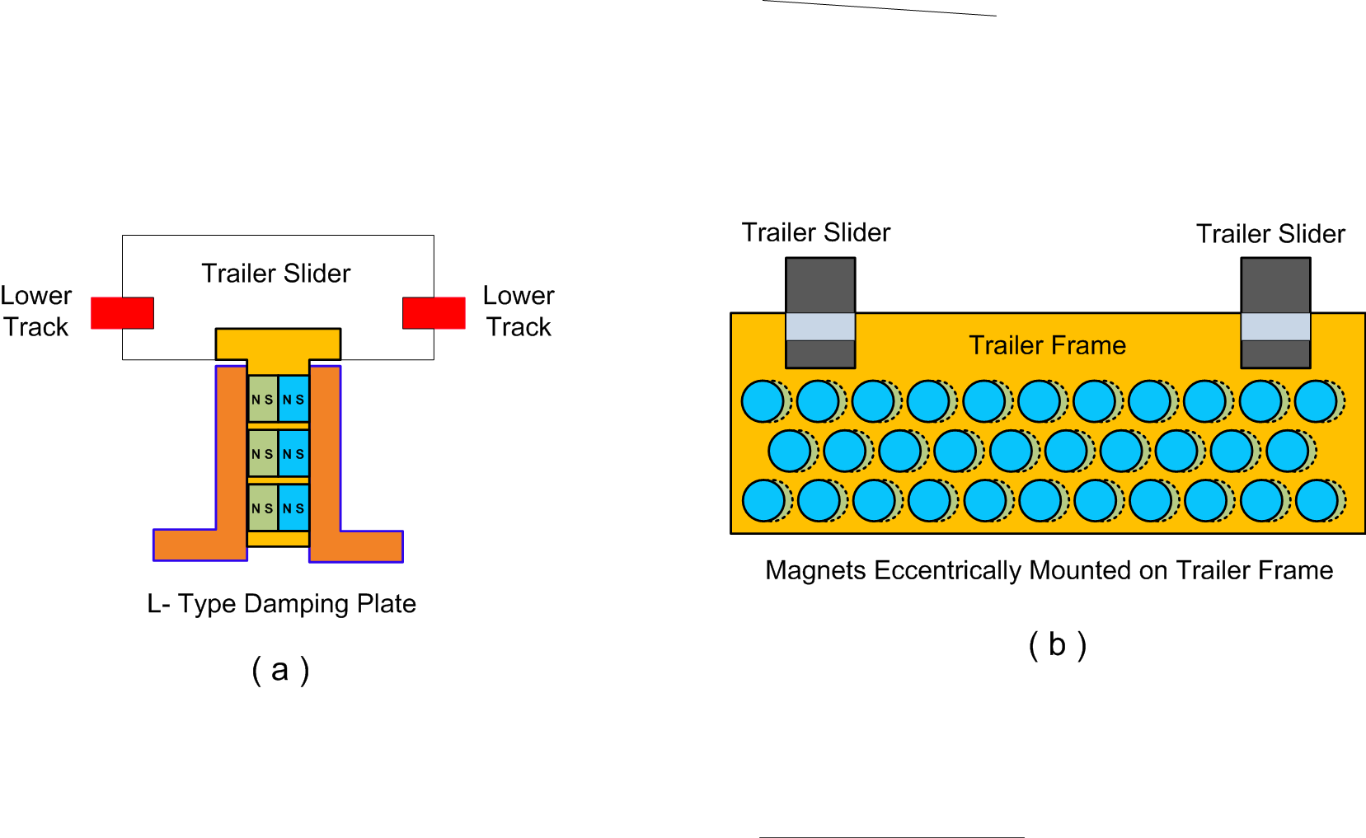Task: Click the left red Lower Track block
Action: pyautogui.click(x=122, y=313)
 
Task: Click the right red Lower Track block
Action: pyautogui.click(x=434, y=313)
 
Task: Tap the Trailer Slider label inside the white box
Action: pyautogui.click(x=276, y=274)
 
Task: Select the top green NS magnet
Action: pyautogui.click(x=263, y=400)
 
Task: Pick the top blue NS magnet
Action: pyautogui.click(x=293, y=400)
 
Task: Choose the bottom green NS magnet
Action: pyautogui.click(x=263, y=508)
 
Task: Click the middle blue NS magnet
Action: pyautogui.click(x=293, y=454)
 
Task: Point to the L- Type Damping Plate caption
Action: pyautogui.click(x=281, y=604)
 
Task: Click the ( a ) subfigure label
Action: pyautogui.click(x=280, y=670)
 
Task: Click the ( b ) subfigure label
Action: pyautogui.click(x=1058, y=644)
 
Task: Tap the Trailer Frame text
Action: pyautogui.click(x=1047, y=345)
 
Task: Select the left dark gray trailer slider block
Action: pyautogui.click(x=820, y=284)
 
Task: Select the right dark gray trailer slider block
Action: pyautogui.click(x=1275, y=284)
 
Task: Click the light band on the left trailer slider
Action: pyautogui.click(x=820, y=326)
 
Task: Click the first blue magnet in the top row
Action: pyautogui.click(x=763, y=401)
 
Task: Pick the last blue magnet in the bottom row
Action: pyautogui.click(x=1317, y=501)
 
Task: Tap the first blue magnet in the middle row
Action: pyautogui.click(x=790, y=451)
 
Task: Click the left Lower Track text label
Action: pyautogui.click(x=36, y=311)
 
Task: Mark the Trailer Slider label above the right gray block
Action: pyautogui.click(x=1270, y=234)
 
